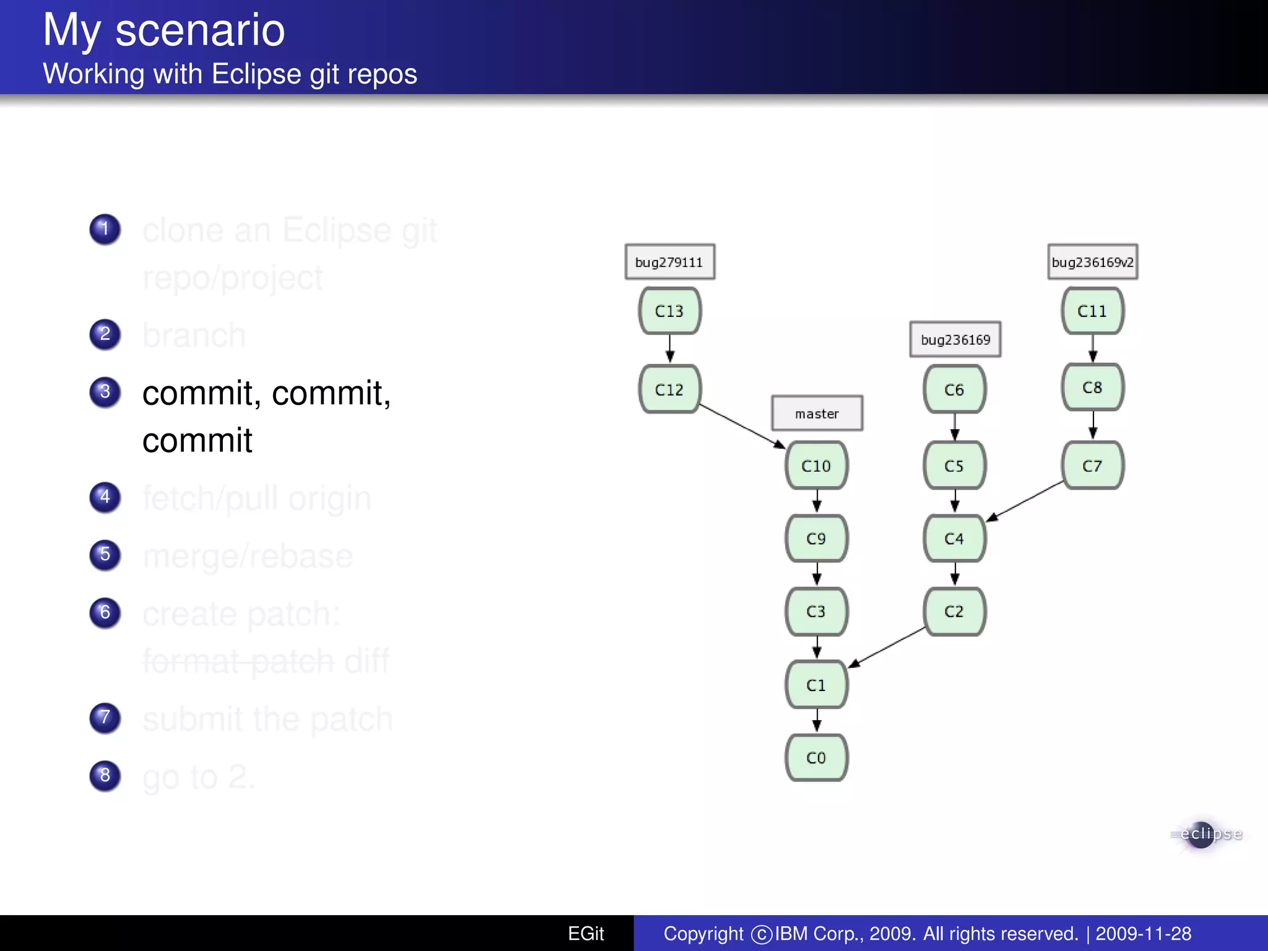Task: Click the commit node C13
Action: pyautogui.click(x=669, y=311)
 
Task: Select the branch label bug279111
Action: pyautogui.click(x=669, y=262)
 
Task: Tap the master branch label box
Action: pyautogui.click(x=817, y=414)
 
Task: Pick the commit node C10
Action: pyautogui.click(x=816, y=466)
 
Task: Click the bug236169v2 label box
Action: pyautogui.click(x=1092, y=262)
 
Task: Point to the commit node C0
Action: pyautogui.click(x=816, y=758)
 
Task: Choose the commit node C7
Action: pyautogui.click(x=1092, y=466)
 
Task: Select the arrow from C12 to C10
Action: pyautogui.click(x=742, y=427)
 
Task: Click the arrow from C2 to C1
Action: pyautogui.click(x=887, y=648)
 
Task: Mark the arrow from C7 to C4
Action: pyautogui.click(x=1024, y=501)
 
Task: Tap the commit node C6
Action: pyautogui.click(x=954, y=389)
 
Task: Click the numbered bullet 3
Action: pyautogui.click(x=105, y=392)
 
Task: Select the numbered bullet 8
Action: pyautogui.click(x=105, y=775)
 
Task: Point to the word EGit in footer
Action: pyautogui.click(x=585, y=934)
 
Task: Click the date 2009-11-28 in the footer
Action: pyautogui.click(x=1143, y=934)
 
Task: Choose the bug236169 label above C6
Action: pyautogui.click(x=955, y=339)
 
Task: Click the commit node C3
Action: pyautogui.click(x=816, y=612)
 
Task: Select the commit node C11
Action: pyautogui.click(x=1092, y=311)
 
